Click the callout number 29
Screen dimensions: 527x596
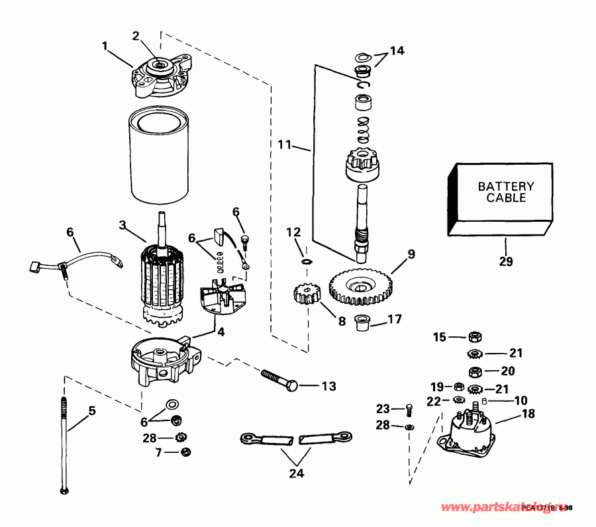pos(506,262)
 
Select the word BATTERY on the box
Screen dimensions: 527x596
pos(505,187)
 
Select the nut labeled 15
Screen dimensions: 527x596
pos(474,337)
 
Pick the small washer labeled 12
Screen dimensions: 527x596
pos(305,262)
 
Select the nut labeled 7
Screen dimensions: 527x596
pos(187,452)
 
